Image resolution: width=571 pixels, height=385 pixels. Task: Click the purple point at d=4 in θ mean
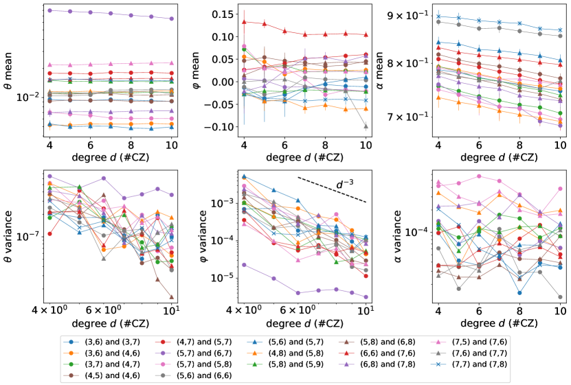pos(50,10)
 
